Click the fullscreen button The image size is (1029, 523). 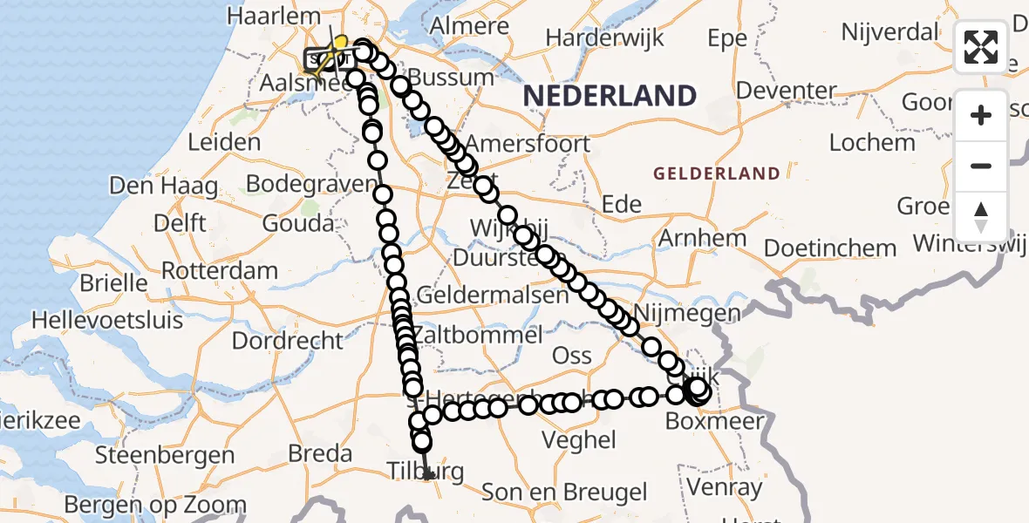coord(981,47)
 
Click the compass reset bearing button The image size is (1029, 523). coord(981,217)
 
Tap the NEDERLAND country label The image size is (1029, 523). coord(610,96)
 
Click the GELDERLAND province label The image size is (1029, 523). coord(717,173)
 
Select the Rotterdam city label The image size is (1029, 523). coord(220,270)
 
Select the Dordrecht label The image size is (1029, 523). coord(289,340)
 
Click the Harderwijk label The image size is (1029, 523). coord(604,38)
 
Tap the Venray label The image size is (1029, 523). coord(724,488)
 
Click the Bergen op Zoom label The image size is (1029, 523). coord(155,505)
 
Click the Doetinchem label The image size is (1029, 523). coord(829,248)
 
